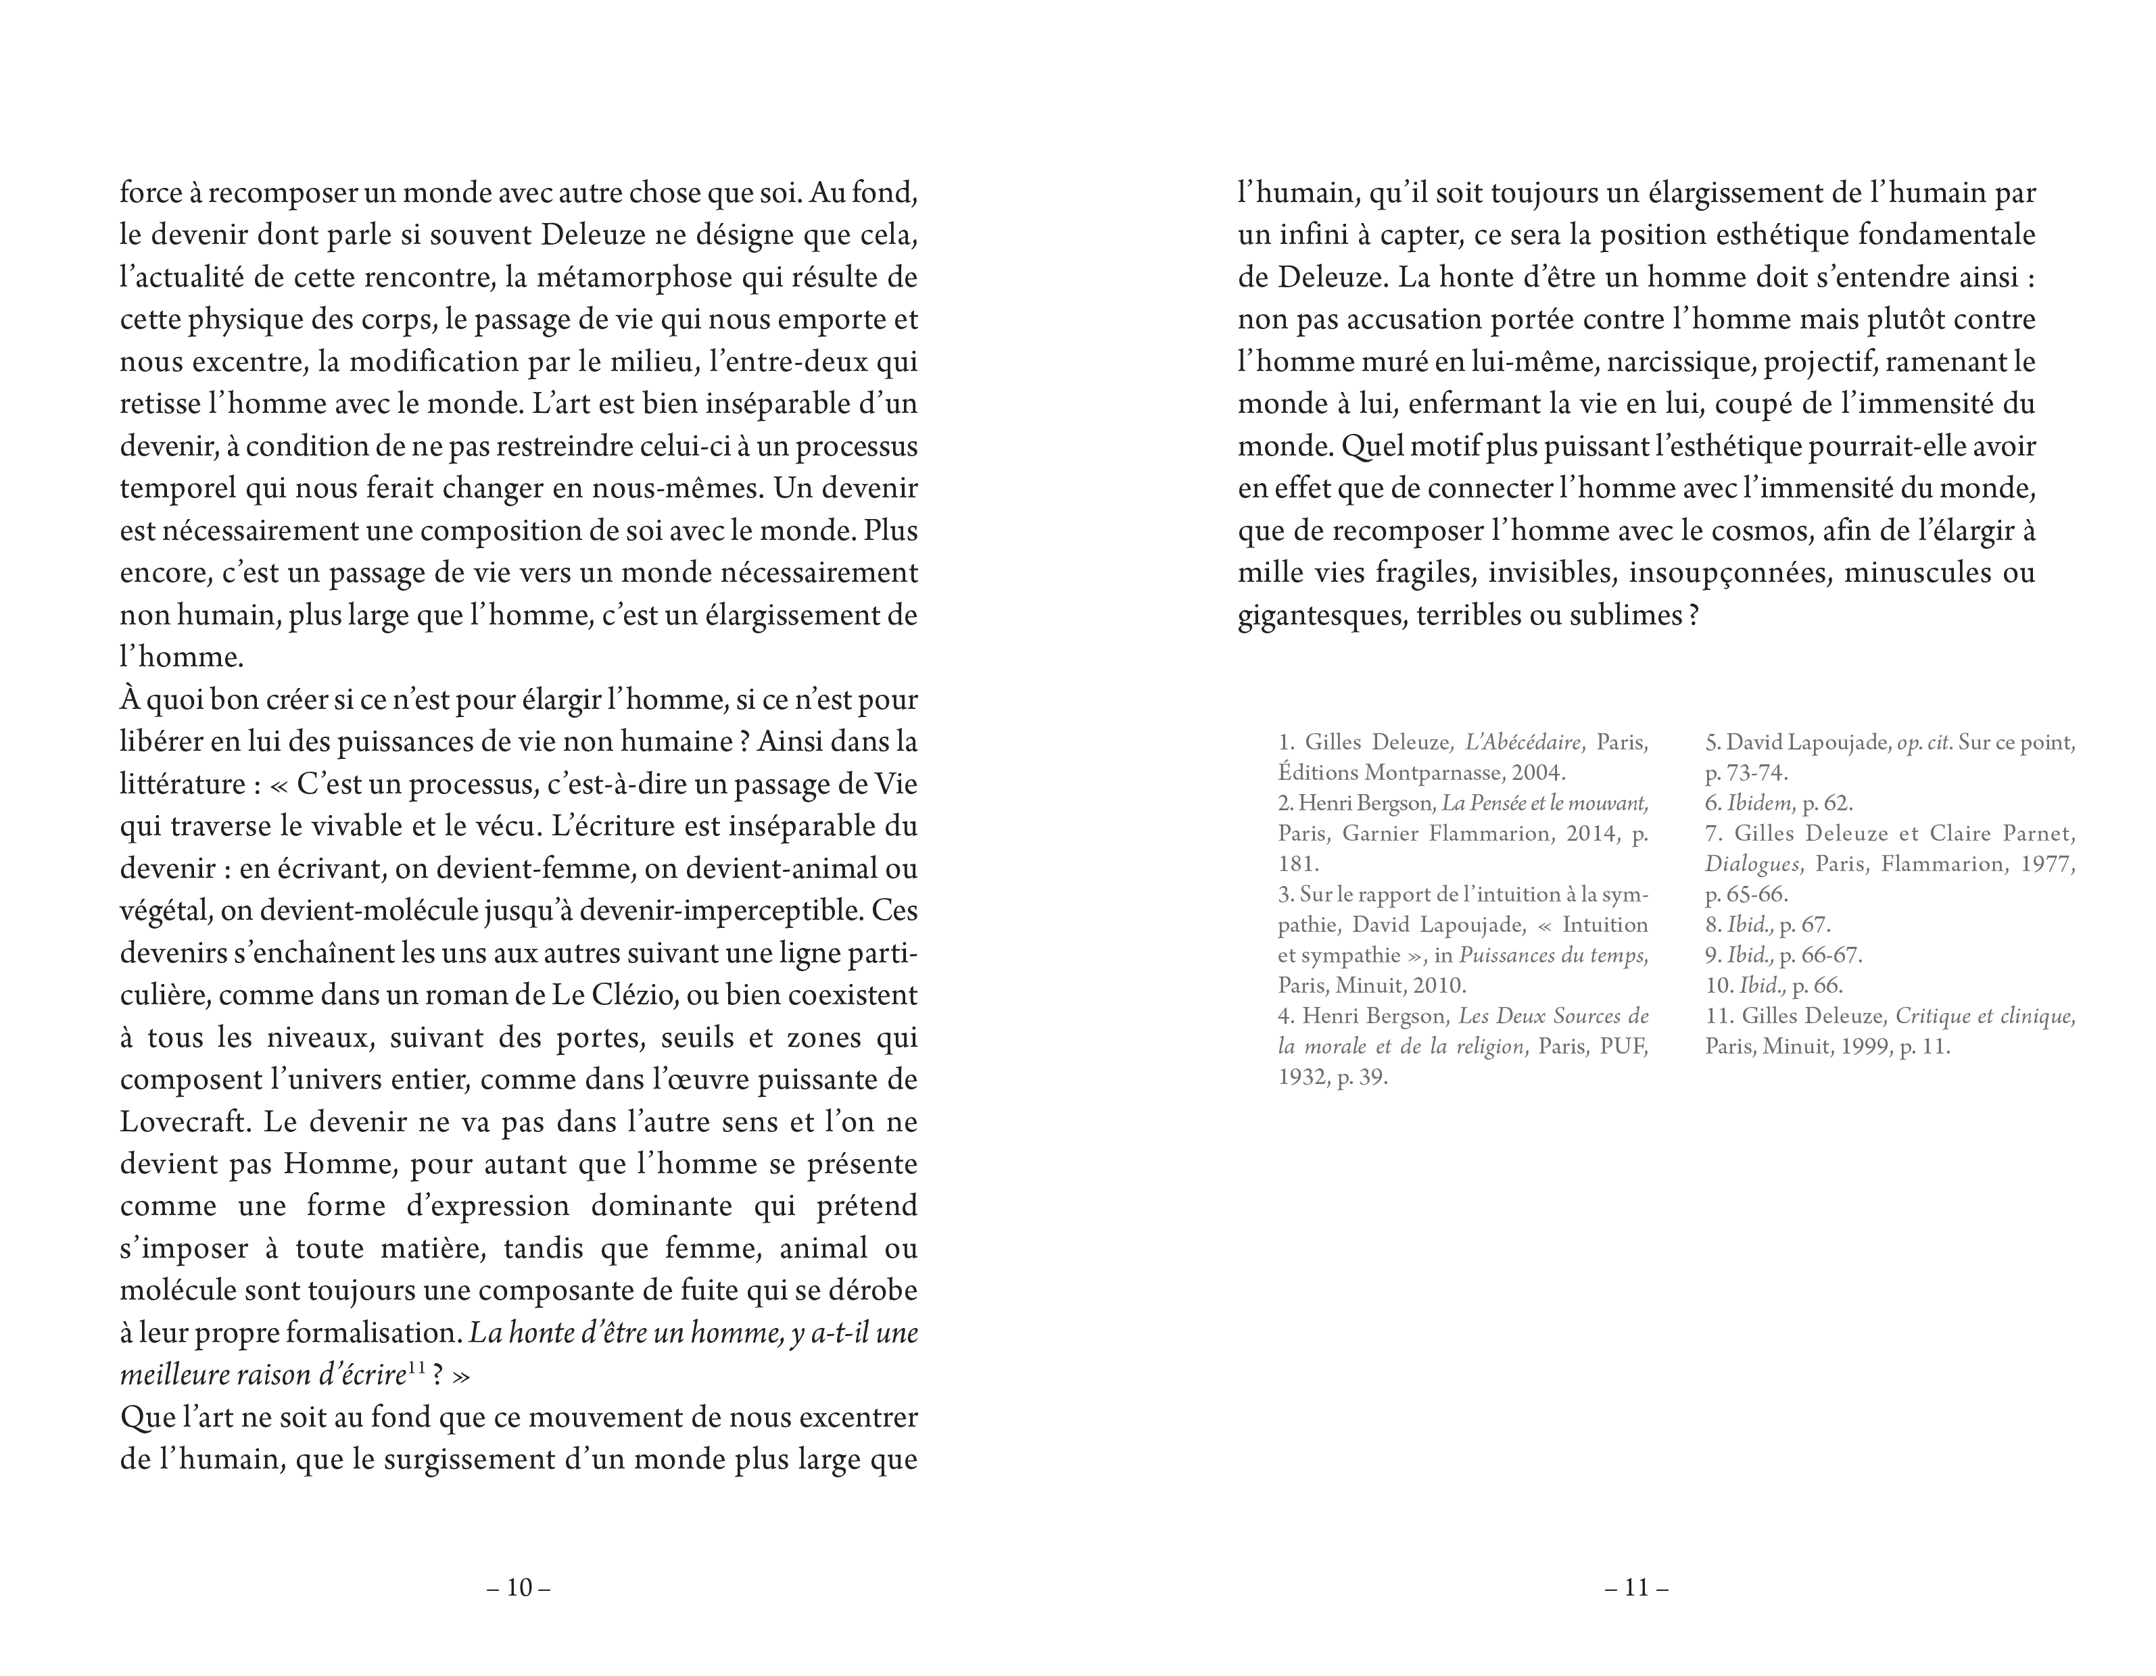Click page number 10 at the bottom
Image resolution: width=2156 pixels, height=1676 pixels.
pyautogui.click(x=519, y=1588)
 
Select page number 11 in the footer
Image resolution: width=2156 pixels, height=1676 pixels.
pyautogui.click(x=1637, y=1588)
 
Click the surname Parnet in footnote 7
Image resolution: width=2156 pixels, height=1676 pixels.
pyautogui.click(x=2038, y=834)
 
